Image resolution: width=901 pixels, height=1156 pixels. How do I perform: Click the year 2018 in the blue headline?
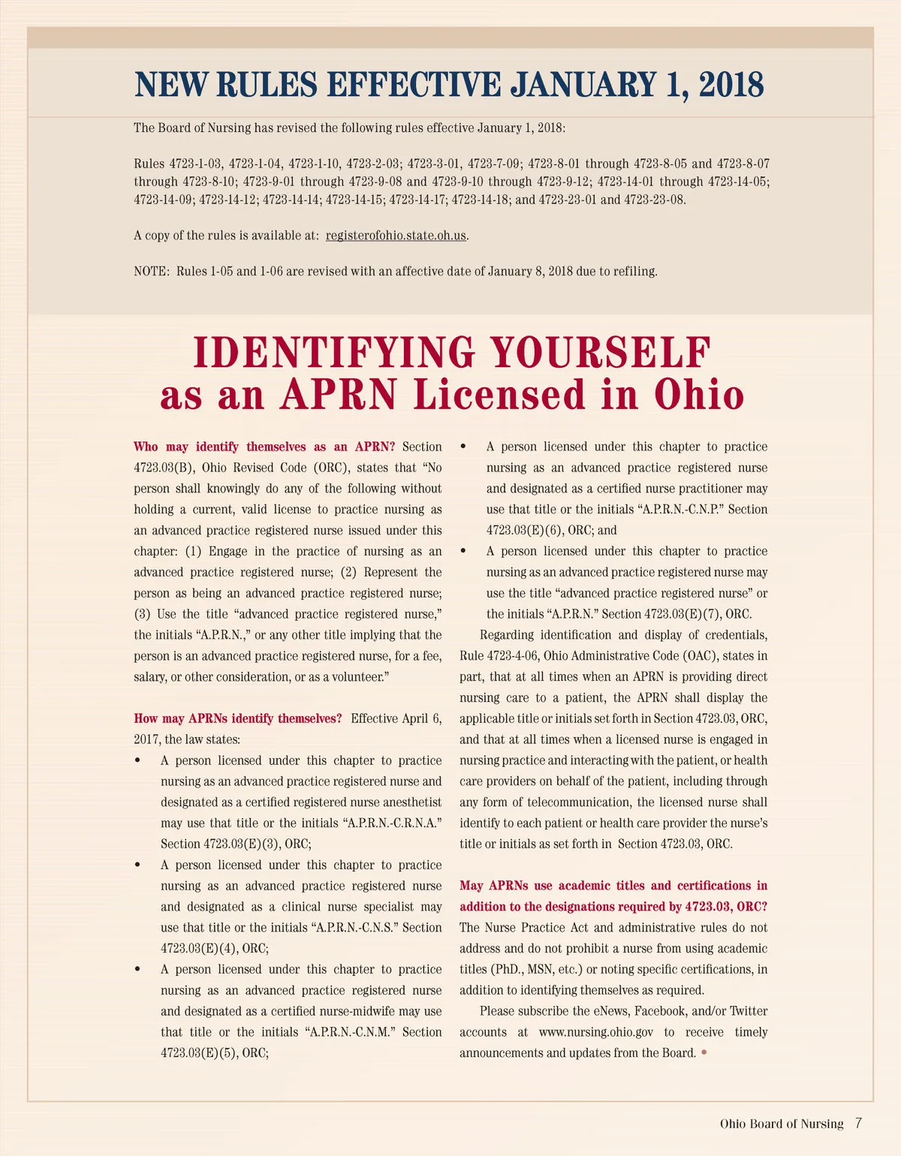(731, 85)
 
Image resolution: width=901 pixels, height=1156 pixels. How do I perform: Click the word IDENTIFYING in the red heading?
(333, 353)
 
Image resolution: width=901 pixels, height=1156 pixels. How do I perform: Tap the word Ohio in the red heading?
(698, 395)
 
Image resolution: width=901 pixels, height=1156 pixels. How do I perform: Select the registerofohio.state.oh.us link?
(396, 236)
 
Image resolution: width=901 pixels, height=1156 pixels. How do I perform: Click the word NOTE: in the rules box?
(152, 272)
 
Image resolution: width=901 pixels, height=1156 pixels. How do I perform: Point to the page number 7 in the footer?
(858, 1123)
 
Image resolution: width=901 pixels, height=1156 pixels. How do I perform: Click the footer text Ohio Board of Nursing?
(782, 1124)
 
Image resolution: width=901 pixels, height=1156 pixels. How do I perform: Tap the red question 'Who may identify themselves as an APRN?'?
(264, 447)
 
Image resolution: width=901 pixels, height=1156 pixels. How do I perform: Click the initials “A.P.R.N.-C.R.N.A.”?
(391, 823)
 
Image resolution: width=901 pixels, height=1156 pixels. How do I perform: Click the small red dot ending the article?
(704, 1052)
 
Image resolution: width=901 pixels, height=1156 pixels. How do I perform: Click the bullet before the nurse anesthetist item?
(137, 760)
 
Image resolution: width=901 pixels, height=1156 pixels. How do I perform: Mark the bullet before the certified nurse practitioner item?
(463, 447)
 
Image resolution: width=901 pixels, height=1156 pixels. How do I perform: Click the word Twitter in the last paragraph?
(748, 1011)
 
